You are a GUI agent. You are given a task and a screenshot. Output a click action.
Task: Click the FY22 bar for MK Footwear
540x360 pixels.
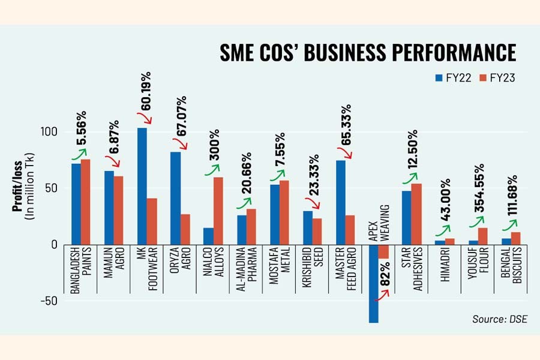142,186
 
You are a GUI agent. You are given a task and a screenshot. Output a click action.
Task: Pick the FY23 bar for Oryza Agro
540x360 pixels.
185,229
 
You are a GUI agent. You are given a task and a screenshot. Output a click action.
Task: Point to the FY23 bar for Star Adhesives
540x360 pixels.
417,214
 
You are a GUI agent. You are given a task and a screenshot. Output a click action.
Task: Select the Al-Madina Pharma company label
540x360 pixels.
245,276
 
